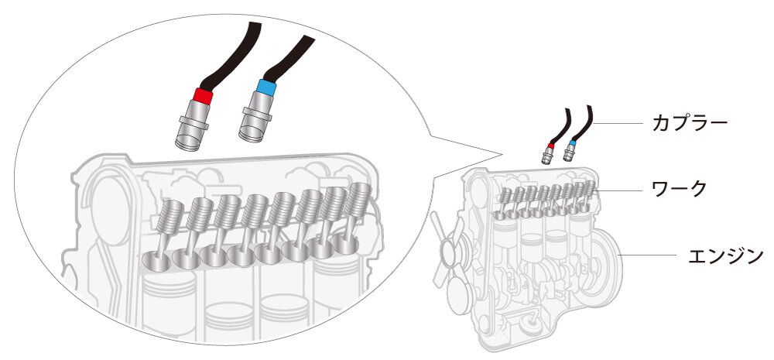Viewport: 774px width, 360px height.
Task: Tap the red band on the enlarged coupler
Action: point(204,97)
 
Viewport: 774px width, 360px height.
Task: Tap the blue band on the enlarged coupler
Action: point(265,87)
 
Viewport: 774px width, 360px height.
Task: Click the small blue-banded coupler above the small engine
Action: point(571,149)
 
